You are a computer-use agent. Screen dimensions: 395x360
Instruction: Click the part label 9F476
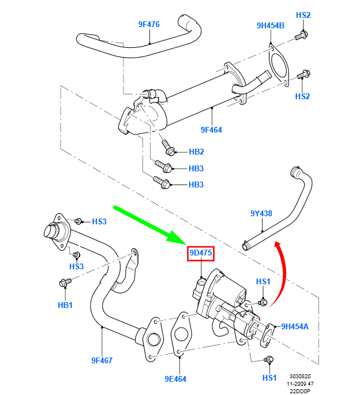point(148,24)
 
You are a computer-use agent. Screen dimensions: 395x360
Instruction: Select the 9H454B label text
point(271,25)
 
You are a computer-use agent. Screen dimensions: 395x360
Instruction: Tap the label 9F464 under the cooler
point(211,130)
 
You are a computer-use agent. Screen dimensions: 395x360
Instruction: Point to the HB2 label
point(197,152)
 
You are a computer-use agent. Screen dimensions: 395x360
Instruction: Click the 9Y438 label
point(261,213)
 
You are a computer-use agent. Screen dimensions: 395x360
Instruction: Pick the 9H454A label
point(294,326)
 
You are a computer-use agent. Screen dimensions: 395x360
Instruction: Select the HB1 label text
point(65,304)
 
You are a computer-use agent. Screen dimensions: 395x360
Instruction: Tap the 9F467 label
point(102,360)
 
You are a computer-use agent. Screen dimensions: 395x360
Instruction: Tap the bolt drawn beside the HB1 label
point(65,283)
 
